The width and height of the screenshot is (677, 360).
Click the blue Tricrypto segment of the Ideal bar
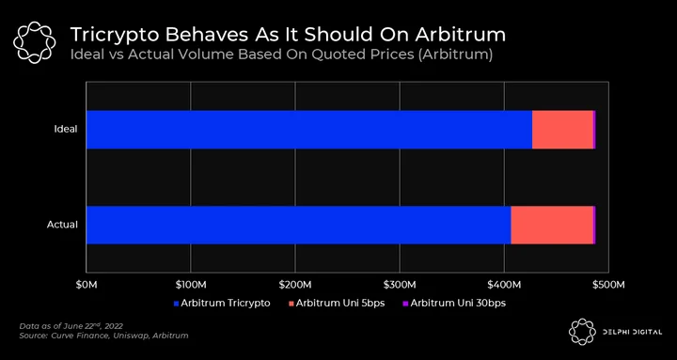[309, 130]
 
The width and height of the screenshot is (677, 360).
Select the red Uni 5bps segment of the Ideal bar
[562, 130]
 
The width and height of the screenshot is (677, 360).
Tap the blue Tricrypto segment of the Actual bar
[299, 225]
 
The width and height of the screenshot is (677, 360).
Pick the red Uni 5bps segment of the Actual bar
[552, 225]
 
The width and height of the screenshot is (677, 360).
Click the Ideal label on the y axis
[66, 129]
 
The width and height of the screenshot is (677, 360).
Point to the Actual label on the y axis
[63, 225]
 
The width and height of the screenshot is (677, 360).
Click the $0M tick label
[87, 285]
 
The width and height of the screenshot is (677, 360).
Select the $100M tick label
[190, 285]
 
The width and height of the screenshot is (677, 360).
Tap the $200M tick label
[295, 285]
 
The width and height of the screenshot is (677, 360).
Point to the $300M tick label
[400, 285]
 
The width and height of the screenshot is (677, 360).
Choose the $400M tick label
[504, 285]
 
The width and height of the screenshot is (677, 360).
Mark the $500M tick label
[608, 285]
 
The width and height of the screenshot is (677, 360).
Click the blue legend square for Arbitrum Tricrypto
[176, 304]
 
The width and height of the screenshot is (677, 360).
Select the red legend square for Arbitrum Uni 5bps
[291, 304]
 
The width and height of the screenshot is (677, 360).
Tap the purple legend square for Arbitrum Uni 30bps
[405, 304]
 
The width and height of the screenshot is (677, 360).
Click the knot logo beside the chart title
[34, 42]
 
